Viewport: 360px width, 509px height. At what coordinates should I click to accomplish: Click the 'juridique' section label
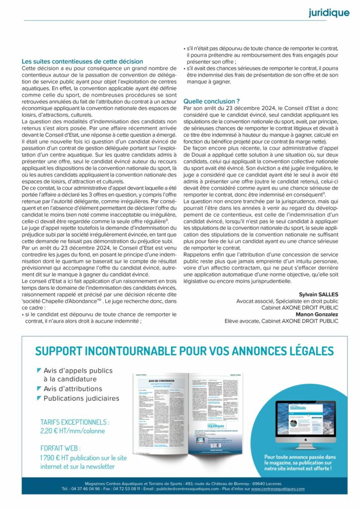[x=329, y=13]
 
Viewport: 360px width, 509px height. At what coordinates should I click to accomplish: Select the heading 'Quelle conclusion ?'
[x=211, y=101]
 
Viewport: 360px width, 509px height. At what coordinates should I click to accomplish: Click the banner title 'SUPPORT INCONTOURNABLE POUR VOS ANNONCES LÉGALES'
[x=184, y=351]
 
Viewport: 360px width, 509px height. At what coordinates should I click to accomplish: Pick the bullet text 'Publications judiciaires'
[x=82, y=398]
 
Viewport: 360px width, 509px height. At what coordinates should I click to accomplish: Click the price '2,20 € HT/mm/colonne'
[x=73, y=431]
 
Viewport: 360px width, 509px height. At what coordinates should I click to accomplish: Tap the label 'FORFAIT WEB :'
[x=60, y=447]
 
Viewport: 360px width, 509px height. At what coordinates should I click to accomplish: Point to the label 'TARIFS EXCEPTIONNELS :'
[x=75, y=422]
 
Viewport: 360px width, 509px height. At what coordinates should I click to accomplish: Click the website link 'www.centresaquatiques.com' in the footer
[x=278, y=489]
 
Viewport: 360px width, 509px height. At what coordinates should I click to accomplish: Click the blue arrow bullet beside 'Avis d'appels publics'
[x=39, y=370]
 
